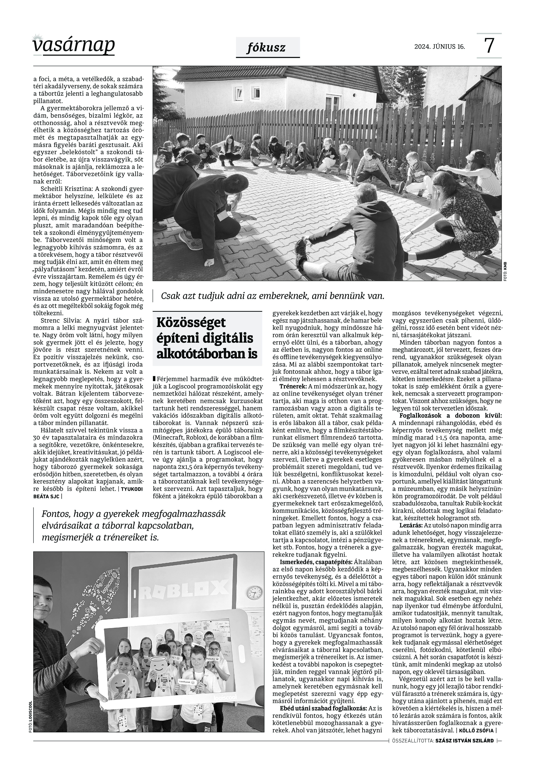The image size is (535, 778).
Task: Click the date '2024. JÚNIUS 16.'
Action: coord(440,47)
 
